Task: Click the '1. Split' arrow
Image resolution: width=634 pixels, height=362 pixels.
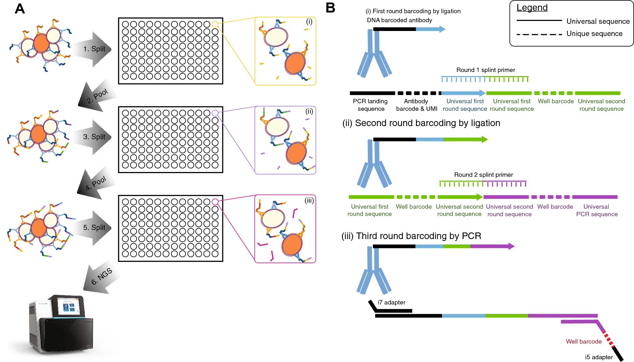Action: click(94, 49)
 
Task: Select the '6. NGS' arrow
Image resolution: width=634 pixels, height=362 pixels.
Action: click(102, 277)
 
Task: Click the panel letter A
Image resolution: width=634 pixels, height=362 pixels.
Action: click(20, 9)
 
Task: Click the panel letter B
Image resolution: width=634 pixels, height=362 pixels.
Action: click(330, 8)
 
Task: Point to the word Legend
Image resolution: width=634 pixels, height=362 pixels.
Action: click(532, 8)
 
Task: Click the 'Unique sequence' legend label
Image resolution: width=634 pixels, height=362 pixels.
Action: click(594, 34)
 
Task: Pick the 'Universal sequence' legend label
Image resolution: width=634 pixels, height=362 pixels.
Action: click(598, 21)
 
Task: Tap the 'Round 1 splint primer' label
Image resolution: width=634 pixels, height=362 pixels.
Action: click(485, 70)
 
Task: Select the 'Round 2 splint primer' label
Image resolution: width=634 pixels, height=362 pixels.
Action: click(483, 175)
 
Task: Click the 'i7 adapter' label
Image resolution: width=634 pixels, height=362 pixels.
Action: click(391, 302)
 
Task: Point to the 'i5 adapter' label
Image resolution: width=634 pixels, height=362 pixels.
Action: click(599, 357)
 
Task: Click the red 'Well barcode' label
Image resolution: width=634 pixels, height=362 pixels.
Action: click(584, 341)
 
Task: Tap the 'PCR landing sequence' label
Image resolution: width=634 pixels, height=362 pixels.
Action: click(370, 105)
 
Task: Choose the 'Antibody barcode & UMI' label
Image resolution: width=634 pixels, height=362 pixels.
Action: click(416, 105)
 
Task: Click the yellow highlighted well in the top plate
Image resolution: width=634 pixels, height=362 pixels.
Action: click(215, 24)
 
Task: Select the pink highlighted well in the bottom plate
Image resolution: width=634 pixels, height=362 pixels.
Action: click(215, 202)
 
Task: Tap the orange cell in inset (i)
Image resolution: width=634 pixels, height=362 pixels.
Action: click(295, 63)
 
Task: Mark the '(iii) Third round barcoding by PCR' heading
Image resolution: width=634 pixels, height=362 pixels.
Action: click(411, 236)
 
